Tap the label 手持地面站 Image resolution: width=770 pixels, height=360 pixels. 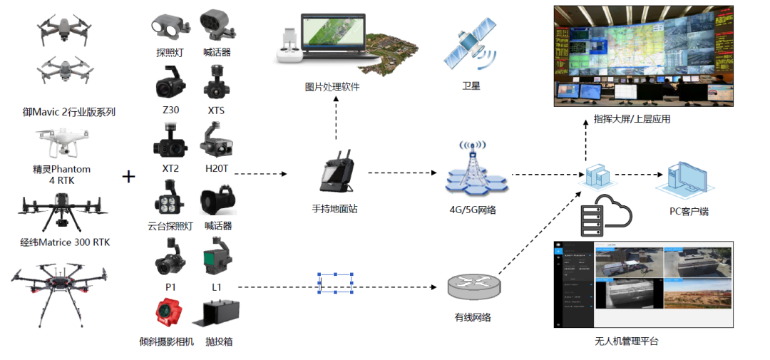click(336, 209)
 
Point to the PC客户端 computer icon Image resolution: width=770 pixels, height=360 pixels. click(684, 179)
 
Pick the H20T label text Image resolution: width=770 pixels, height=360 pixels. click(217, 168)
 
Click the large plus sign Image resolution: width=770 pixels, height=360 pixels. click(129, 176)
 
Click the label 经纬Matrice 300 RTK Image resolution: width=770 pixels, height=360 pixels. click(66, 242)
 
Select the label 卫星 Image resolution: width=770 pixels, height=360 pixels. click(471, 86)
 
